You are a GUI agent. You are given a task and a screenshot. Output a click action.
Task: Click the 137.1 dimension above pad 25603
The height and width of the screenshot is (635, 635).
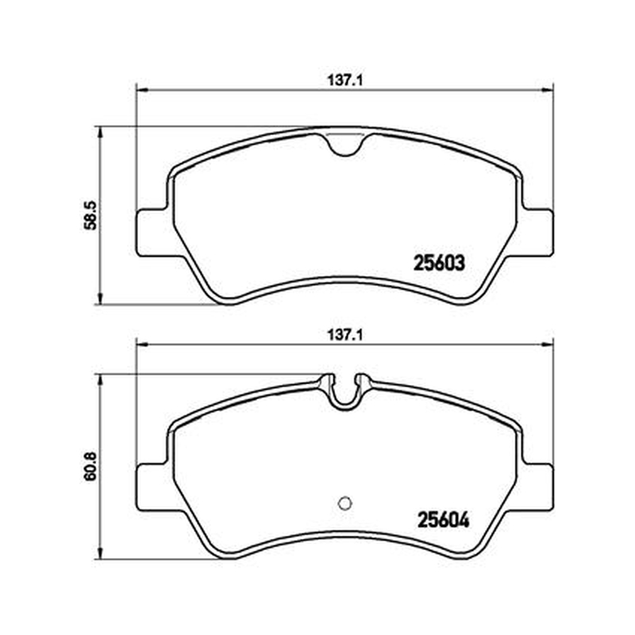click(344, 81)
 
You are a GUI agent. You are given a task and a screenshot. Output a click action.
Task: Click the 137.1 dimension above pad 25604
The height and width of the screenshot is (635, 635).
click(344, 335)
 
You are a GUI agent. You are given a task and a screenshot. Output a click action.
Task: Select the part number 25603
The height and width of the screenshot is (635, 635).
click(439, 264)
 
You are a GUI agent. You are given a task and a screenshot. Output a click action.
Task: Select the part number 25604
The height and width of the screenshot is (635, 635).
click(444, 520)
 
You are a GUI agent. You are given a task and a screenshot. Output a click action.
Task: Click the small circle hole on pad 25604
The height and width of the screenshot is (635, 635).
click(344, 503)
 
